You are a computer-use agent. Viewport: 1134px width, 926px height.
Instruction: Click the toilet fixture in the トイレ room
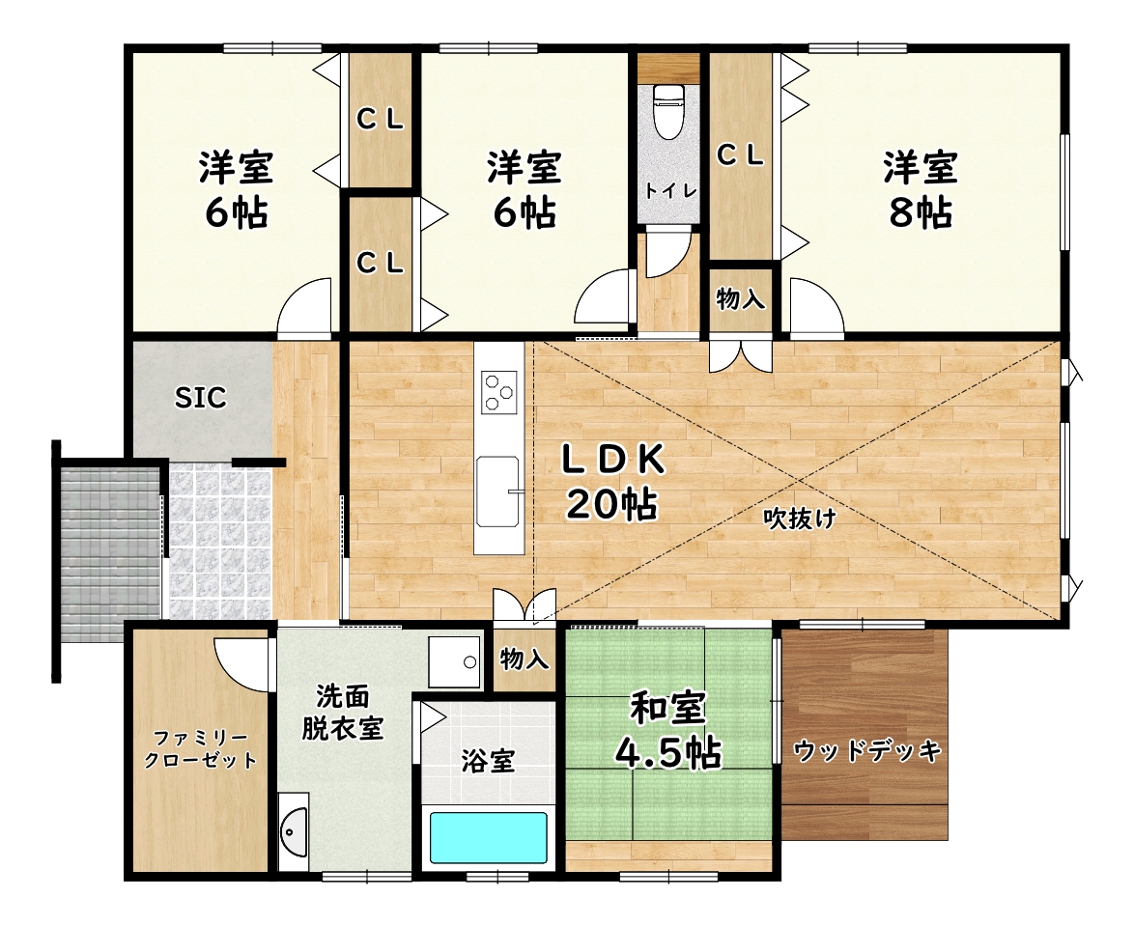[668, 111]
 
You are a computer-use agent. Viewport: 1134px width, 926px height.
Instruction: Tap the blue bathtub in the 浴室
[489, 838]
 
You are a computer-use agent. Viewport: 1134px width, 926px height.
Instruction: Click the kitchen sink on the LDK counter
[498, 491]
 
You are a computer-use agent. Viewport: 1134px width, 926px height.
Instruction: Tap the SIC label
[200, 398]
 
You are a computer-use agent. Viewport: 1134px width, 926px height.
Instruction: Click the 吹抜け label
[800, 519]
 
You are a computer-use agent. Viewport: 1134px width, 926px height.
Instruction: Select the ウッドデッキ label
[867, 751]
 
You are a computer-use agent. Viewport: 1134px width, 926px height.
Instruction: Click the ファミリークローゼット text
[200, 749]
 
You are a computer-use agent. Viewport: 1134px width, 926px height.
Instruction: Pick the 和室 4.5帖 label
[667, 729]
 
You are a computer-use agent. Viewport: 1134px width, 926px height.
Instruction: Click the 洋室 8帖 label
[920, 189]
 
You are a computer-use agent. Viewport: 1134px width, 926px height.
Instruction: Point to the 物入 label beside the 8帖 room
[741, 297]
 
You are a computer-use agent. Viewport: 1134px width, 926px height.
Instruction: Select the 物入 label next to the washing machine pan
[524, 659]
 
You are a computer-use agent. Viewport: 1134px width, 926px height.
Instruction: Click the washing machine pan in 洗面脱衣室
[454, 662]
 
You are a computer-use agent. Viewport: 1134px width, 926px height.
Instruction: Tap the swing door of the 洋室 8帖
[817, 309]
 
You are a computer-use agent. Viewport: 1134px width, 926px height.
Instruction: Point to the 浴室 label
[488, 761]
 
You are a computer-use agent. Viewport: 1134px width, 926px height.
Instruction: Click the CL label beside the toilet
[740, 155]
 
